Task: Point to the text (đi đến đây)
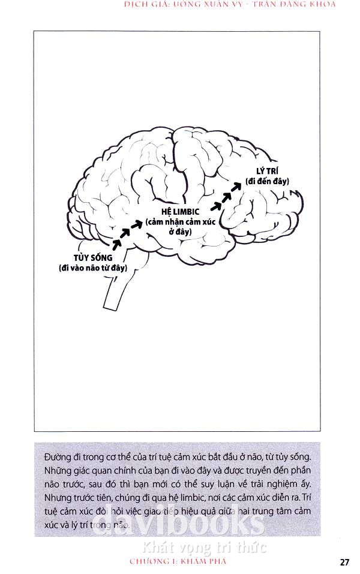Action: click(x=268, y=181)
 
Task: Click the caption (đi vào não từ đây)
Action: click(x=93, y=268)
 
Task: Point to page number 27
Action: click(x=344, y=562)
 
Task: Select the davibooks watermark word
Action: click(x=180, y=523)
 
